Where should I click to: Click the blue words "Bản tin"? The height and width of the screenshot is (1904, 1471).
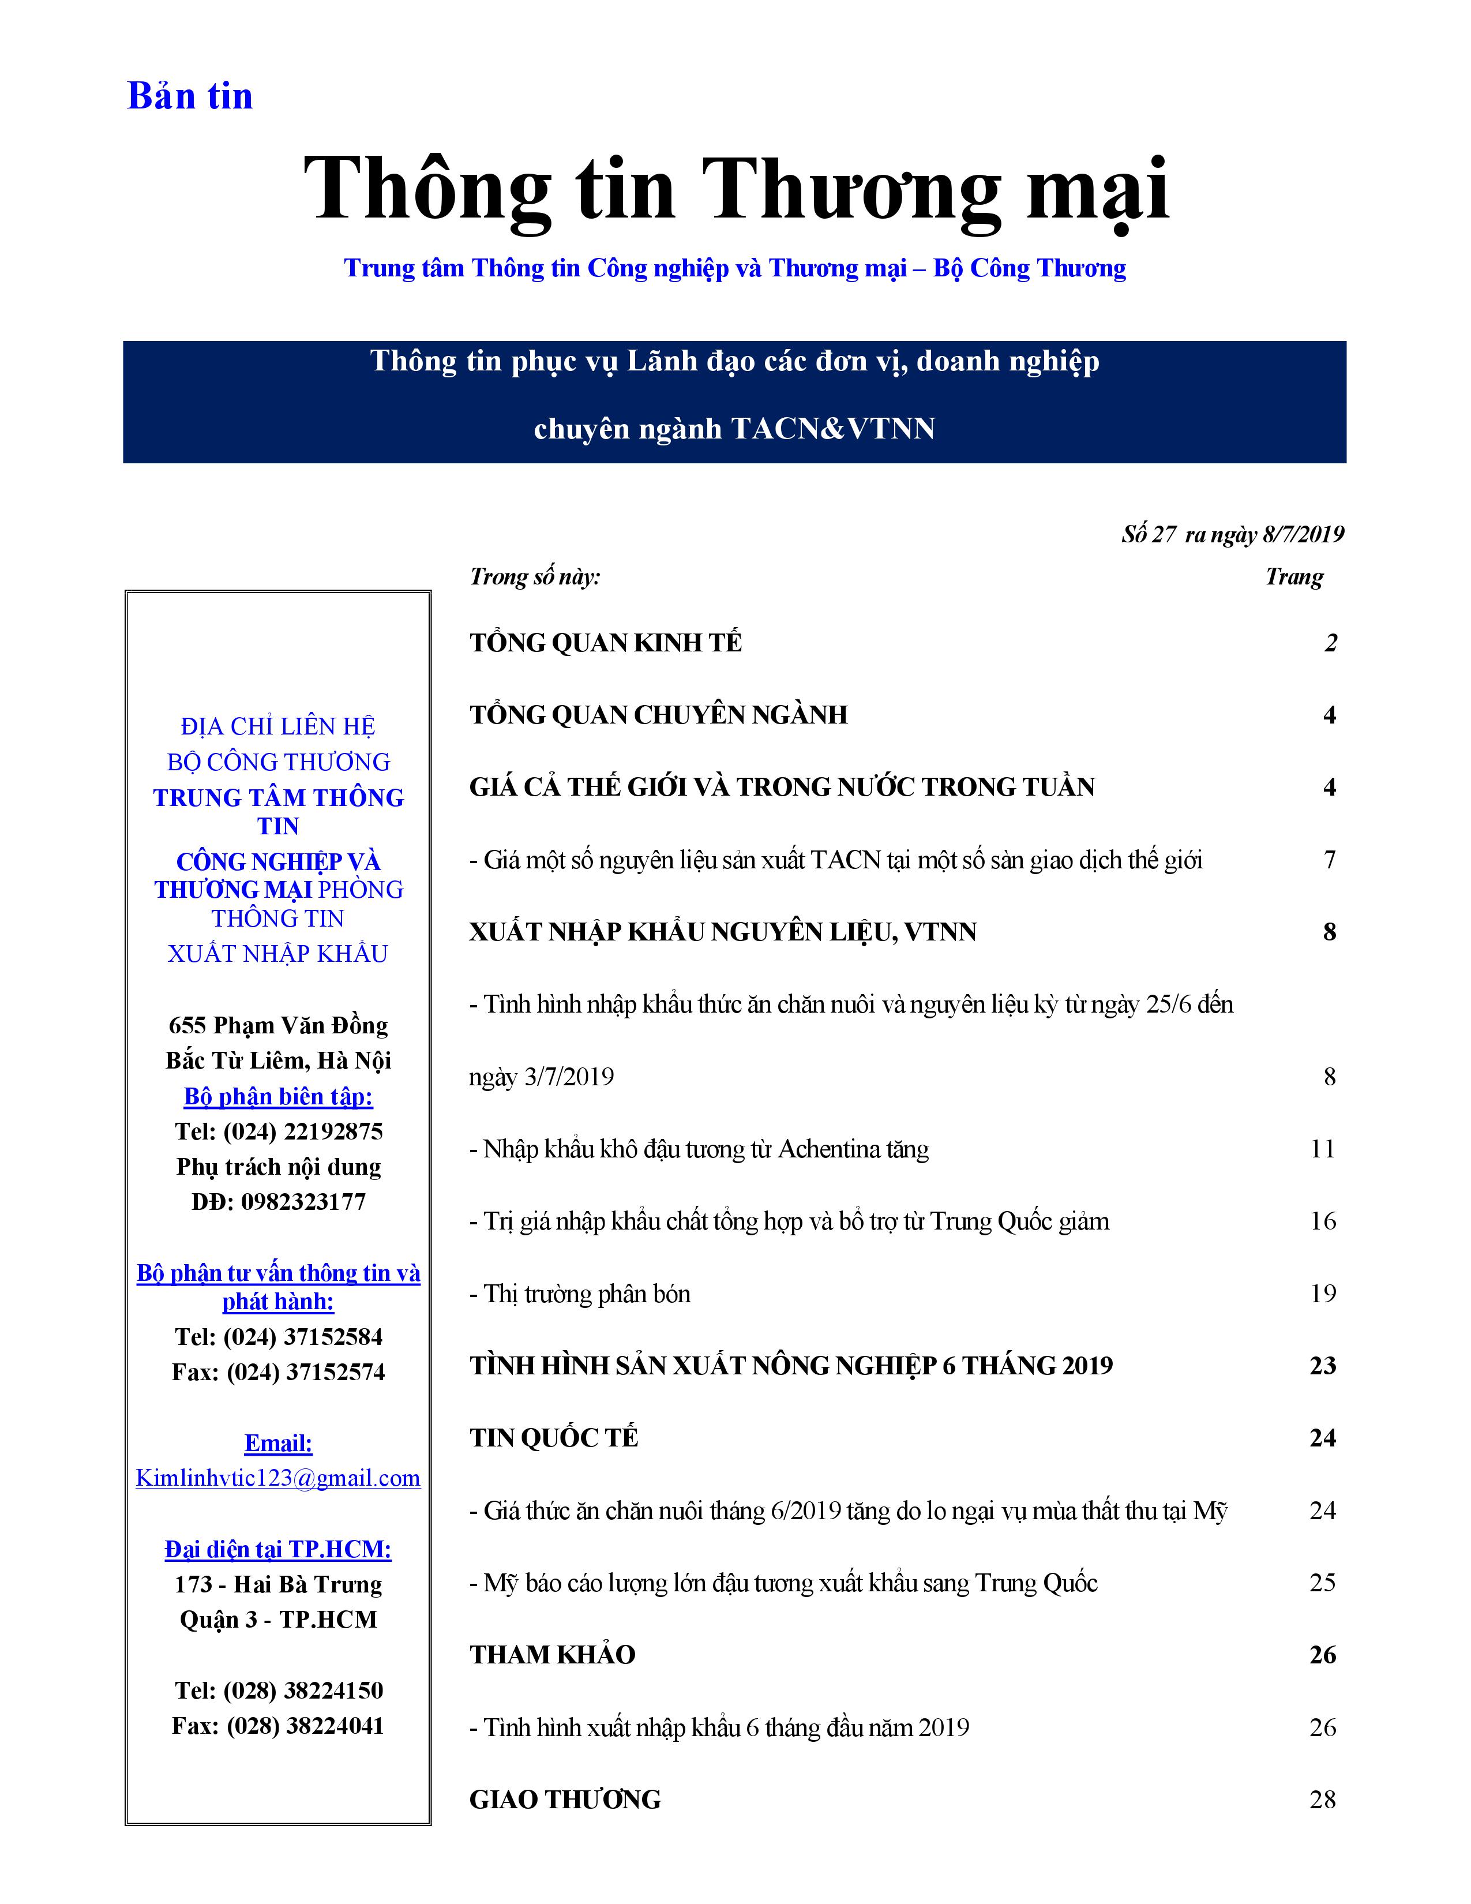190,96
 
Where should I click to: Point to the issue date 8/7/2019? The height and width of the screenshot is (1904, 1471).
1303,534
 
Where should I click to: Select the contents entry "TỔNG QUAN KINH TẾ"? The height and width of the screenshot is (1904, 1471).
606,643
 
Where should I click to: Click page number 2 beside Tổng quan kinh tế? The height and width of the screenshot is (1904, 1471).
1330,643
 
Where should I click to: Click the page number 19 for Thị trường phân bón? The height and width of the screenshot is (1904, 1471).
1322,1293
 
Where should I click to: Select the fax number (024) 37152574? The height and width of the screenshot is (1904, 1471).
305,1371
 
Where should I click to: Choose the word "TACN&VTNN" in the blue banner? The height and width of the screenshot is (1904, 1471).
832,428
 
